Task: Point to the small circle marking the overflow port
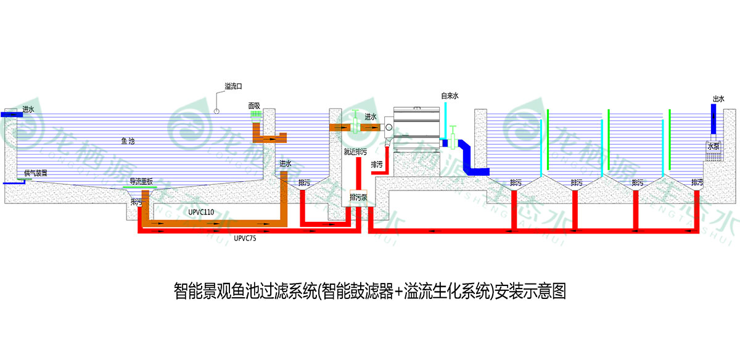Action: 216,111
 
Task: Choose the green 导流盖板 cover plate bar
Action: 141,186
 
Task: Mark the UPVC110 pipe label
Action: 201,212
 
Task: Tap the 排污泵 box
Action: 358,197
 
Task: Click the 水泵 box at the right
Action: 713,147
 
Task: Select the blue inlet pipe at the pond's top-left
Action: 11,115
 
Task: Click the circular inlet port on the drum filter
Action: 388,128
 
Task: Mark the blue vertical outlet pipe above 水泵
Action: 713,120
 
